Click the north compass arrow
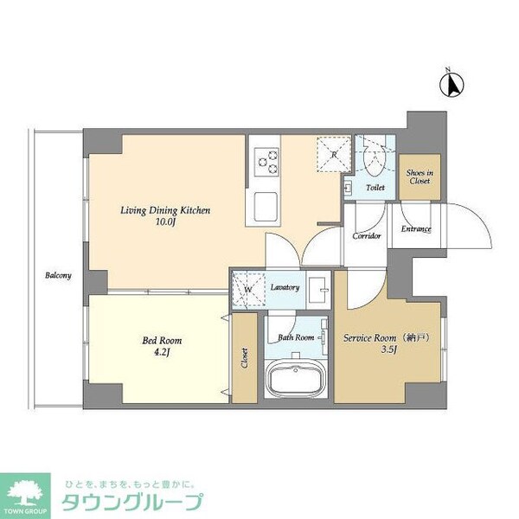pos(451,84)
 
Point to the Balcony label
pos(59,276)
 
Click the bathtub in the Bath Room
pos(294,379)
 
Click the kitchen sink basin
pos(265,206)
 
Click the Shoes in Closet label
pos(420,177)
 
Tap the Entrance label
pos(416,229)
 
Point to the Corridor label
pos(366,236)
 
